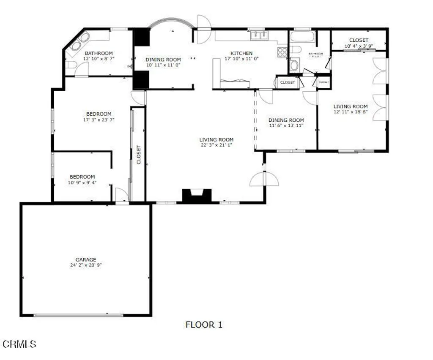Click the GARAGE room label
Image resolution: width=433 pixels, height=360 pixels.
tap(86, 259)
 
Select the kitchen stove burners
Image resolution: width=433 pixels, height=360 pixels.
tap(282, 52)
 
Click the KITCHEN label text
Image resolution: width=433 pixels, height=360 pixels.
tap(241, 53)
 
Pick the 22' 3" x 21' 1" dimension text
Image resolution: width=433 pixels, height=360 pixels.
tap(216, 145)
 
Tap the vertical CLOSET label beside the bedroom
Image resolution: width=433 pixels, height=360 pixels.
tap(138, 155)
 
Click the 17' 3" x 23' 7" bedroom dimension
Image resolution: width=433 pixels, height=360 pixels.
tap(99, 120)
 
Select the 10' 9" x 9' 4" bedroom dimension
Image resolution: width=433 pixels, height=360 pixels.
tap(82, 183)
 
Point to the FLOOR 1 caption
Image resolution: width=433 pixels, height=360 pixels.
tap(204, 325)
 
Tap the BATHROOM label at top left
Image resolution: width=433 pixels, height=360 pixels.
tap(99, 53)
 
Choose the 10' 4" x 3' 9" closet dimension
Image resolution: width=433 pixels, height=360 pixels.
tap(359, 46)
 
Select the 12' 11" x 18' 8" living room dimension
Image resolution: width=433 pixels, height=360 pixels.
tap(351, 112)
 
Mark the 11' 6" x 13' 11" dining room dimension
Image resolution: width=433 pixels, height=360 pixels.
tap(286, 125)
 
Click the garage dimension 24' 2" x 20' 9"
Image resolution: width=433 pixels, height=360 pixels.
tap(86, 265)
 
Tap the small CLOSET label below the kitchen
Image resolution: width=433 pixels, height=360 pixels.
tap(288, 82)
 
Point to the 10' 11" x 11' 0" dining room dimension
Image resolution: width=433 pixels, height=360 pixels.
tap(163, 65)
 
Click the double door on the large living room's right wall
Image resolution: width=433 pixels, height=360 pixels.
tap(264, 180)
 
